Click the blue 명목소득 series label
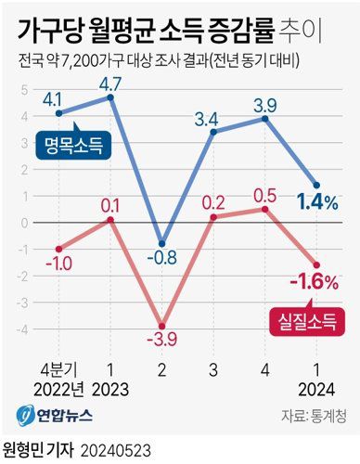click(x=73, y=144)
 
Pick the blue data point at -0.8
click(x=163, y=244)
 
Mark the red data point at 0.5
click(x=267, y=209)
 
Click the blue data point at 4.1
click(x=59, y=113)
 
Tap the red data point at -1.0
click(x=59, y=248)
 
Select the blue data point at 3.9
click(x=267, y=119)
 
